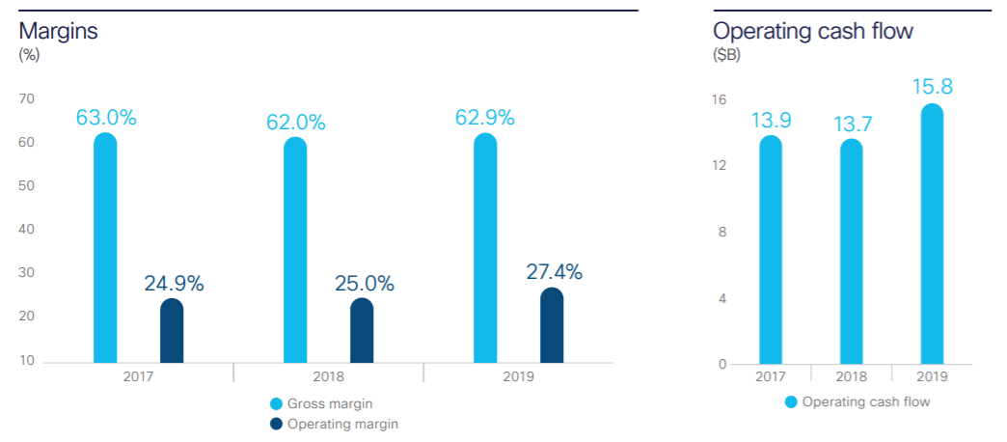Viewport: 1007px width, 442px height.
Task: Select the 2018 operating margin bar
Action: coord(362,331)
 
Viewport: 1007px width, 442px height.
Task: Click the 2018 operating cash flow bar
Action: coord(852,252)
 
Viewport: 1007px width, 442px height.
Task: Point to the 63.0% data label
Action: coord(106,119)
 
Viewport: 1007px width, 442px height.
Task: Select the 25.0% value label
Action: coord(363,284)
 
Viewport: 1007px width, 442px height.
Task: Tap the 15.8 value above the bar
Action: coord(932,87)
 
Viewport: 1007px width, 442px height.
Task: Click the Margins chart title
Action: coord(58,31)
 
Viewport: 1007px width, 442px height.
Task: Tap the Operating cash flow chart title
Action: coord(813,31)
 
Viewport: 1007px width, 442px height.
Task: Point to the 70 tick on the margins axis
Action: coord(27,98)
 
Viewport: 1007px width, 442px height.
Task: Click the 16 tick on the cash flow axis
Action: coord(719,99)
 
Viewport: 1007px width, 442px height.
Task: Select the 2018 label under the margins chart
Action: coord(328,377)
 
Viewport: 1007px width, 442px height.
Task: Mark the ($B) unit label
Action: coord(726,55)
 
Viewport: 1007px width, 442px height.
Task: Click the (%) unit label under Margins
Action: coord(29,55)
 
